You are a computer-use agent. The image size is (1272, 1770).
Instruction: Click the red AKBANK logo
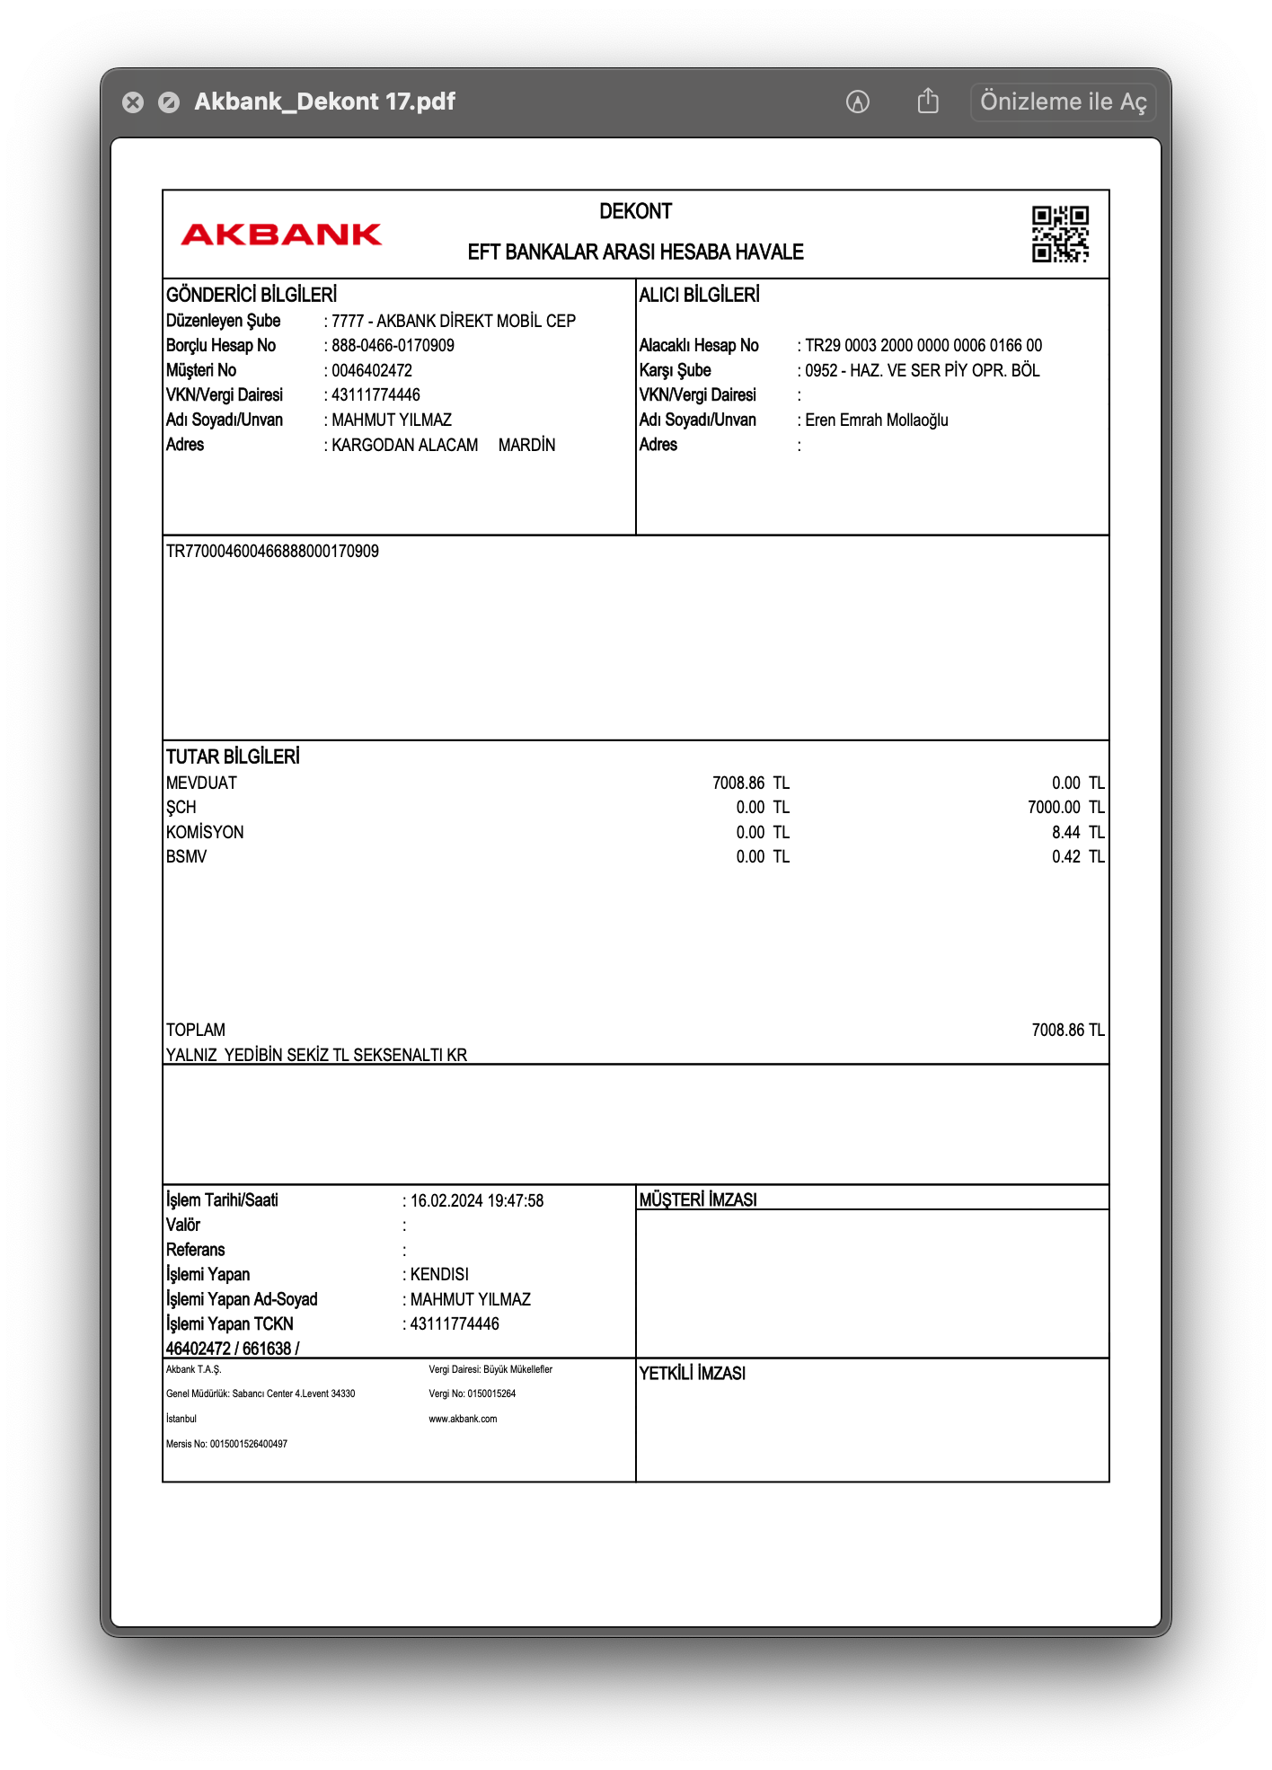(281, 235)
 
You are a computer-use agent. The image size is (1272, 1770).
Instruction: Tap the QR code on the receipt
(1060, 234)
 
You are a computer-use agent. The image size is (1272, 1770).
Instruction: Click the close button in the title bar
(133, 102)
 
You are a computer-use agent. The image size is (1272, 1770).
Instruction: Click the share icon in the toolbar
(928, 102)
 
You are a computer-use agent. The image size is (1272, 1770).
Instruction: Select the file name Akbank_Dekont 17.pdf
(324, 102)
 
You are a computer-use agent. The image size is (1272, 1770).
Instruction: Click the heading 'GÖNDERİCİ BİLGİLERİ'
(252, 295)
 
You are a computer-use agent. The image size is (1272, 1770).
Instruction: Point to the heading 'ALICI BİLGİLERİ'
(699, 295)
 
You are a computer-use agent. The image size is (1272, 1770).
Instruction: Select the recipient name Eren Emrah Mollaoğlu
(876, 420)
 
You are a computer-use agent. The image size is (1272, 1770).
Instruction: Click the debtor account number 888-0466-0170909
(393, 346)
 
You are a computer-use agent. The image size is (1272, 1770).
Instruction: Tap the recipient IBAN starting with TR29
(923, 346)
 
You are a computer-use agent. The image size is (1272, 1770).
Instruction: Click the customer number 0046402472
(371, 370)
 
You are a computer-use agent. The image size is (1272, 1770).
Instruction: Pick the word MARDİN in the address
(526, 445)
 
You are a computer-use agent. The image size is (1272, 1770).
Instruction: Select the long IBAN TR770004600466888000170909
(272, 551)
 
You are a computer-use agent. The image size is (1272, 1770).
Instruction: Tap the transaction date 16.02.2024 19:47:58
(476, 1200)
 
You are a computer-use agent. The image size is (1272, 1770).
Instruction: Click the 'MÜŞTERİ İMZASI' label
(698, 1199)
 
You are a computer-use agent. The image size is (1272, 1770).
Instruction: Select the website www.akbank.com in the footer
(463, 1419)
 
